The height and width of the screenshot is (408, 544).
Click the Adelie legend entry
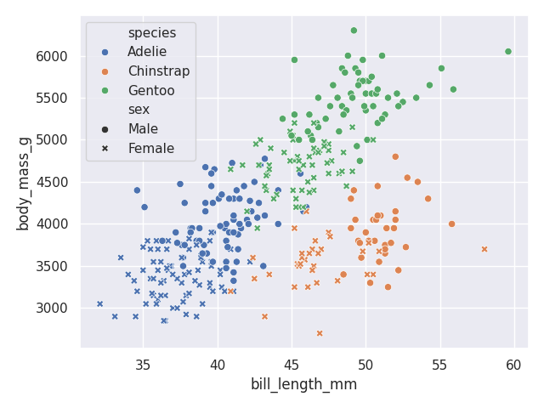147,52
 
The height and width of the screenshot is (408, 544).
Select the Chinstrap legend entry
158,71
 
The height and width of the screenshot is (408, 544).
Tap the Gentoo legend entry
151,90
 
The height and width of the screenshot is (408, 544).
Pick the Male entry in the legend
143,129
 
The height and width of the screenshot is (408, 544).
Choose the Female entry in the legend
150,149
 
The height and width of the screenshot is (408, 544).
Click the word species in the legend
152,33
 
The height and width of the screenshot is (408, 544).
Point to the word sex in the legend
139,110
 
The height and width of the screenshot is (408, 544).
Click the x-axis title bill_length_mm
303,384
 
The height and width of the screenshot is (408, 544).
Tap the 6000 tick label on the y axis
52,57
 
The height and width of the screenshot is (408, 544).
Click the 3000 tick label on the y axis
52,308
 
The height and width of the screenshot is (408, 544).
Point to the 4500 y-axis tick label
52,182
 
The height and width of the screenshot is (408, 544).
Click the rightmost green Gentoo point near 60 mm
508,52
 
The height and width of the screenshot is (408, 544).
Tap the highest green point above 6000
354,31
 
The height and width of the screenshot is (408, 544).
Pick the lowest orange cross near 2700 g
320,333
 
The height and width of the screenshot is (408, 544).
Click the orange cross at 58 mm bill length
484,249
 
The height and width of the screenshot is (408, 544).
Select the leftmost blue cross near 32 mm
99,303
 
